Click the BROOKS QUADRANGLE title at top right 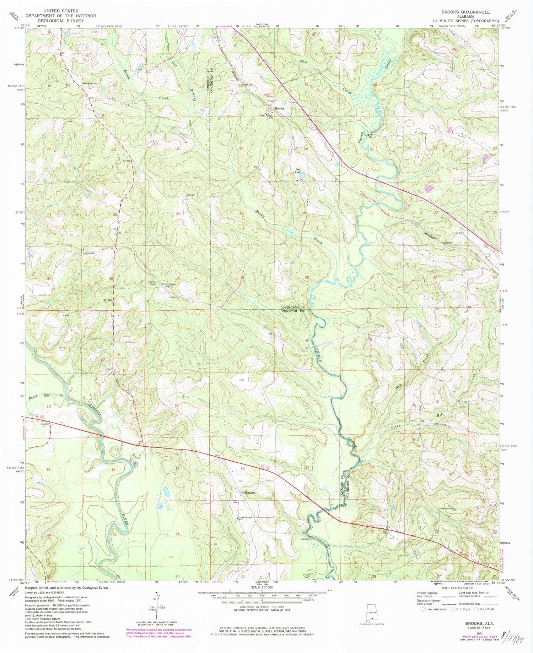tap(465, 12)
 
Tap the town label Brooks tap(279, 108)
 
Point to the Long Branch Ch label tap(245, 518)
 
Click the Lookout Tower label tap(152, 283)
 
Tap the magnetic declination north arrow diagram tap(156, 604)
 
